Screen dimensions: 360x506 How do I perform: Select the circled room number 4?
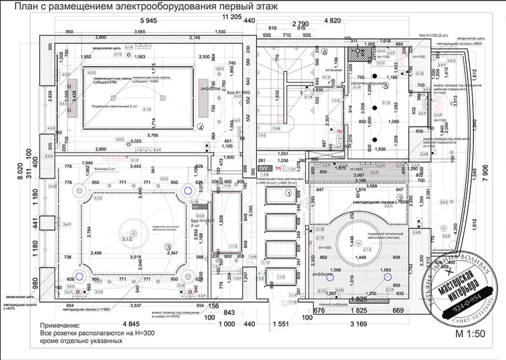201,128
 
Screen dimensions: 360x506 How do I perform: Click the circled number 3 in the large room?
168,246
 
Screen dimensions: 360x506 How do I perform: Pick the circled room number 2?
401,199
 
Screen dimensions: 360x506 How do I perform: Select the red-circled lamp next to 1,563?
129,56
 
